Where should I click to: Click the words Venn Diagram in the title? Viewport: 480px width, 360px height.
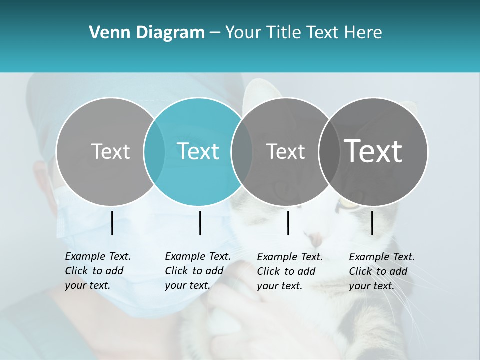coord(147,33)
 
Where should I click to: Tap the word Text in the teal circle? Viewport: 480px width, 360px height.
coord(198,151)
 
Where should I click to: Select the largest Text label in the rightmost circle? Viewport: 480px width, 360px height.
coord(373,151)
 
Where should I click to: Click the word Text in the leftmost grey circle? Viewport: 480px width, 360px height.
coord(110,151)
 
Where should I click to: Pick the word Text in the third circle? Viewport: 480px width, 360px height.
coord(285,151)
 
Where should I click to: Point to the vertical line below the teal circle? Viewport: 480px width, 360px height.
coord(200,223)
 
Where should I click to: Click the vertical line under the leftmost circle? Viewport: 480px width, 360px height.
coord(112,223)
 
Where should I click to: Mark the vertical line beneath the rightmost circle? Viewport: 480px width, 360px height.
coord(372,223)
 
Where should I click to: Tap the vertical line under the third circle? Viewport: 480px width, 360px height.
coord(288,223)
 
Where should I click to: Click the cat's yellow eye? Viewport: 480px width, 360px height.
coord(345,204)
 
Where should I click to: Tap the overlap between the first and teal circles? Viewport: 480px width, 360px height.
coord(154,151)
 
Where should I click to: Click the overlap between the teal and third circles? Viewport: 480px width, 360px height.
coord(242,151)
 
